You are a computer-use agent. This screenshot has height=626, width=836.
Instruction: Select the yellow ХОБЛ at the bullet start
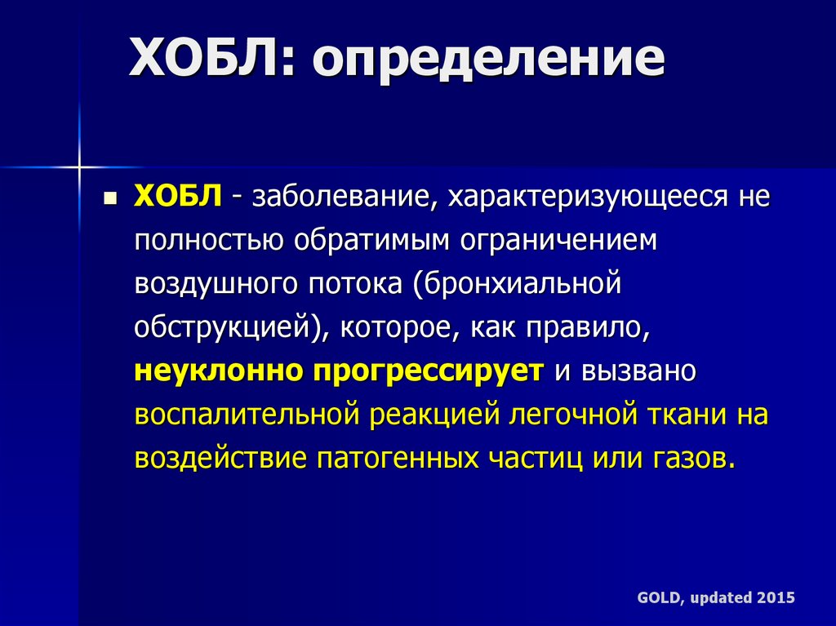pos(177,196)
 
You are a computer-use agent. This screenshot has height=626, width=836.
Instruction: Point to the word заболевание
pos(341,198)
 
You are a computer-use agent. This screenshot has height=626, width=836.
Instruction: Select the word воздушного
pos(215,285)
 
